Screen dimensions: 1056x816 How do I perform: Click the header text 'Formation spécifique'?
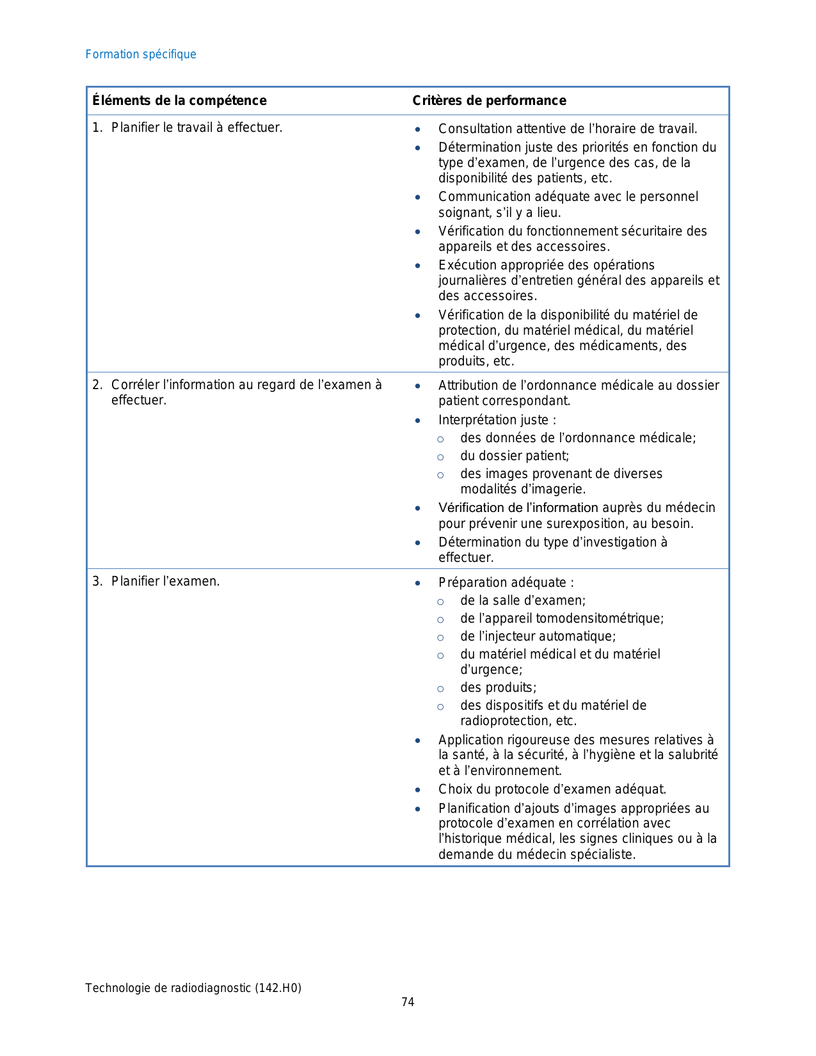coord(141,54)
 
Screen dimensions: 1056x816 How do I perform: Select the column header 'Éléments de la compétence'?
coord(179,100)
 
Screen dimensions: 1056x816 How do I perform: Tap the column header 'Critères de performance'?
coord(489,100)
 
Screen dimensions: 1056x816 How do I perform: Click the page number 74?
coord(408,1002)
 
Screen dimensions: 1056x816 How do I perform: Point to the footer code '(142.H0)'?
coord(278,988)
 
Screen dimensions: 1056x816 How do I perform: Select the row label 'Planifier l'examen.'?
coord(165,581)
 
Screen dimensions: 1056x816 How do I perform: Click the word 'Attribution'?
coord(470,385)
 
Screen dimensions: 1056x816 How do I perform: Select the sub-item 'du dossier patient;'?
coord(515,456)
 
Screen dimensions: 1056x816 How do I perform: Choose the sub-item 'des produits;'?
coord(499,687)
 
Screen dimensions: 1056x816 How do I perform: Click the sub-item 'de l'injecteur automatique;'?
coord(538,636)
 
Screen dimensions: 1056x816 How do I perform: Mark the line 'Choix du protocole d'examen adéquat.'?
coord(552,789)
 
